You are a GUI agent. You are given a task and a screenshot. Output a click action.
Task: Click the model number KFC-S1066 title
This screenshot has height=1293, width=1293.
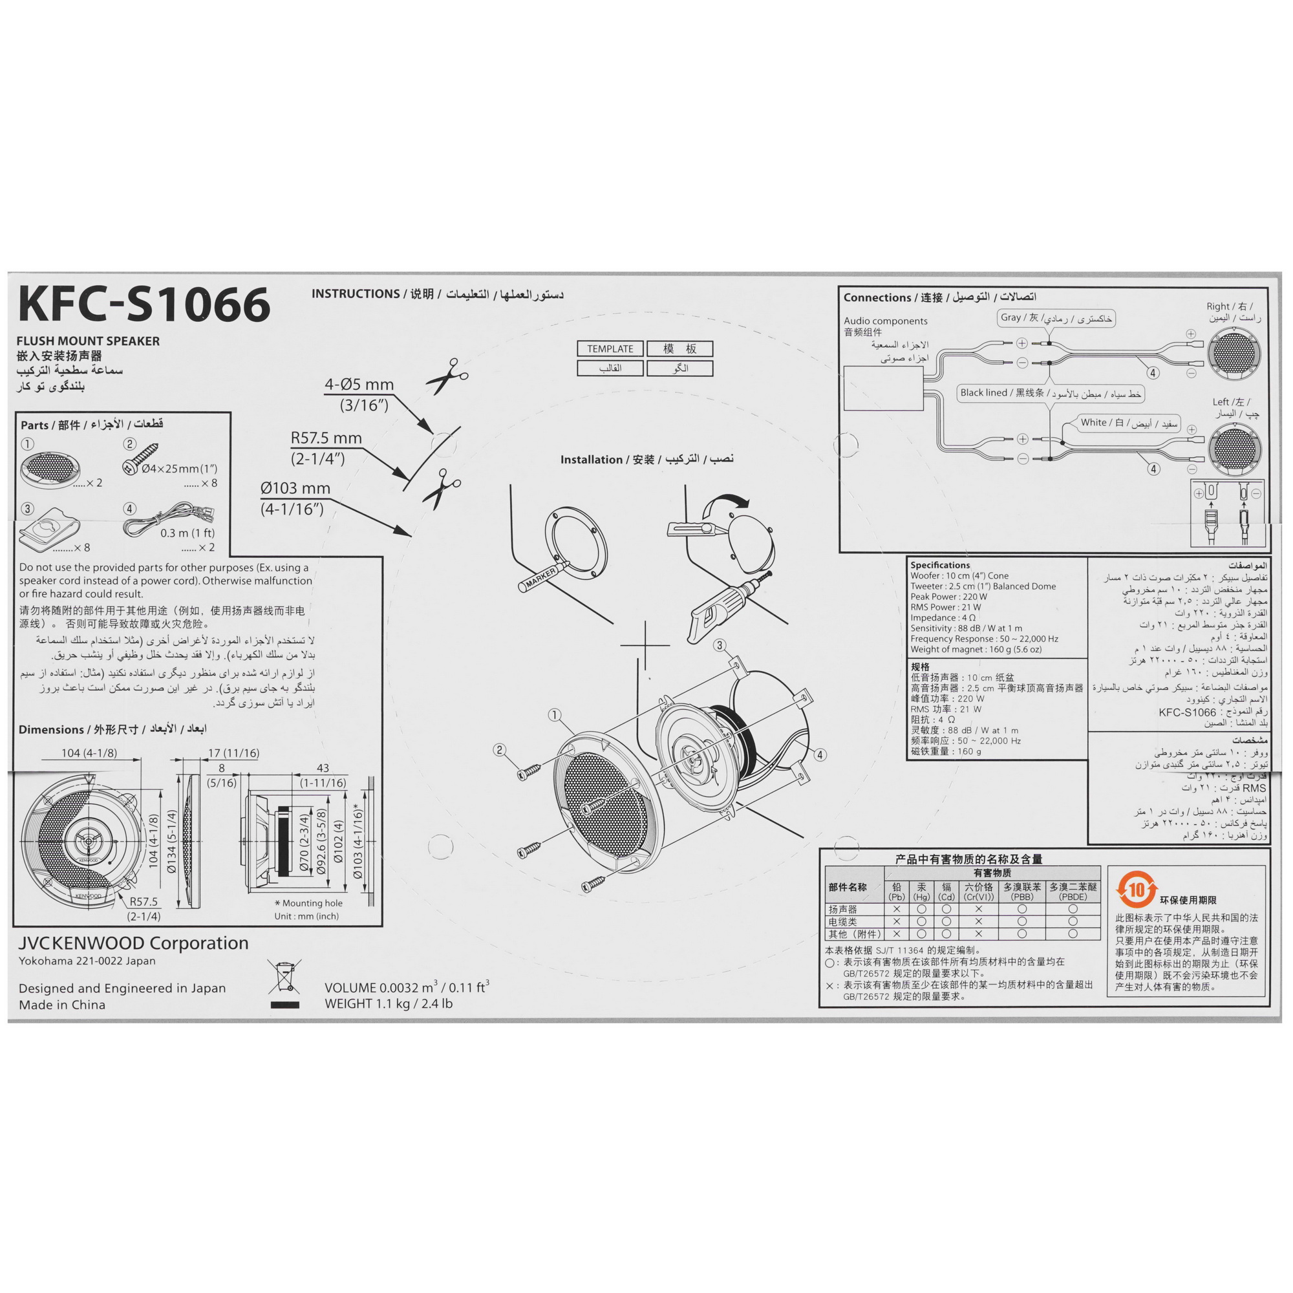145,305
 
